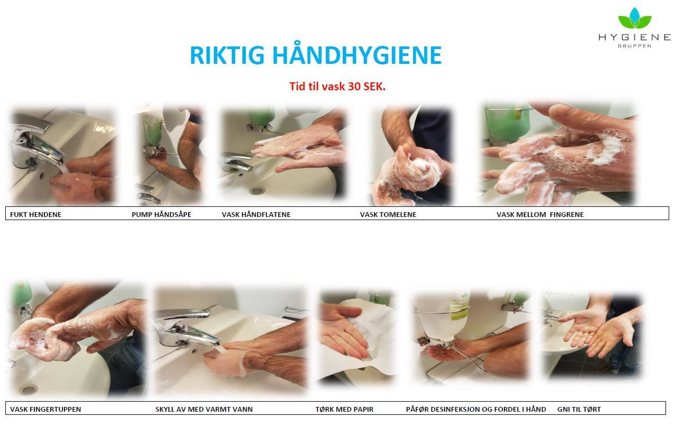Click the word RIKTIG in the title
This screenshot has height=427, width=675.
pyautogui.click(x=227, y=55)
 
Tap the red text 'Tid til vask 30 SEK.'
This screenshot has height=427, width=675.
pyautogui.click(x=337, y=87)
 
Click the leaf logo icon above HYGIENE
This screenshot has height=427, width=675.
pyautogui.click(x=635, y=18)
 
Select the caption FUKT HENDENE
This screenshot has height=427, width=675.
pyautogui.click(x=35, y=214)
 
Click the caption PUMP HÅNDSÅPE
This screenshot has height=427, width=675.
pyautogui.click(x=162, y=214)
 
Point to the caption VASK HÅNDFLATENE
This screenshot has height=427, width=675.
pyautogui.click(x=256, y=214)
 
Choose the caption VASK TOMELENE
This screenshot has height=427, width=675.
pyautogui.click(x=388, y=214)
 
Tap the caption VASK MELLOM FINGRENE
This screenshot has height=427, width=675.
pyautogui.click(x=540, y=214)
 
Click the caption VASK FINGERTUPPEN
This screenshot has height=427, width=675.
pyautogui.click(x=45, y=409)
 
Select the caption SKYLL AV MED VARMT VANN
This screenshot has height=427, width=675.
pyautogui.click(x=204, y=409)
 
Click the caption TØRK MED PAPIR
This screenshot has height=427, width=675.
pyautogui.click(x=344, y=409)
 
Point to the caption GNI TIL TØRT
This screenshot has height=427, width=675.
pyautogui.click(x=579, y=409)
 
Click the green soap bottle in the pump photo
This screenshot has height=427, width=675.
pyautogui.click(x=153, y=132)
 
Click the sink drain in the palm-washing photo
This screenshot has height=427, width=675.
pyautogui.click(x=257, y=191)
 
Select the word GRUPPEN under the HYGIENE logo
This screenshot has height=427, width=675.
pyautogui.click(x=634, y=46)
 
